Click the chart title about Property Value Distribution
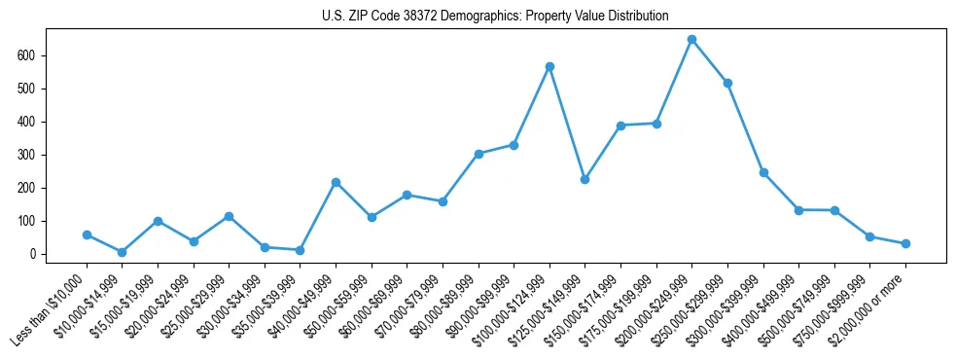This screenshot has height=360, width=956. [x=495, y=16]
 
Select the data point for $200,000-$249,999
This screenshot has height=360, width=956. [x=691, y=40]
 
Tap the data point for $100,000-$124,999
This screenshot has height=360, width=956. [x=549, y=67]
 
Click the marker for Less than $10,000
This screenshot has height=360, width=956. [x=87, y=234]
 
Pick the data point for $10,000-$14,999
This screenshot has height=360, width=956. [x=122, y=252]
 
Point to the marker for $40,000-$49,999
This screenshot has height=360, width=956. [x=336, y=182]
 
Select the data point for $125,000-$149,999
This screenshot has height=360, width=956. [x=584, y=180]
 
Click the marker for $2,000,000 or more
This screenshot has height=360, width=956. [x=905, y=243]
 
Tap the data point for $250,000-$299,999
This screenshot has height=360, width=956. [x=727, y=84]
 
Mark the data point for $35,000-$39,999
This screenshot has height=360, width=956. [x=300, y=250]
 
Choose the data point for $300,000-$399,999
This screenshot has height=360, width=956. [x=763, y=172]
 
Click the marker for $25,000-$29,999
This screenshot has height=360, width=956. [x=229, y=216]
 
